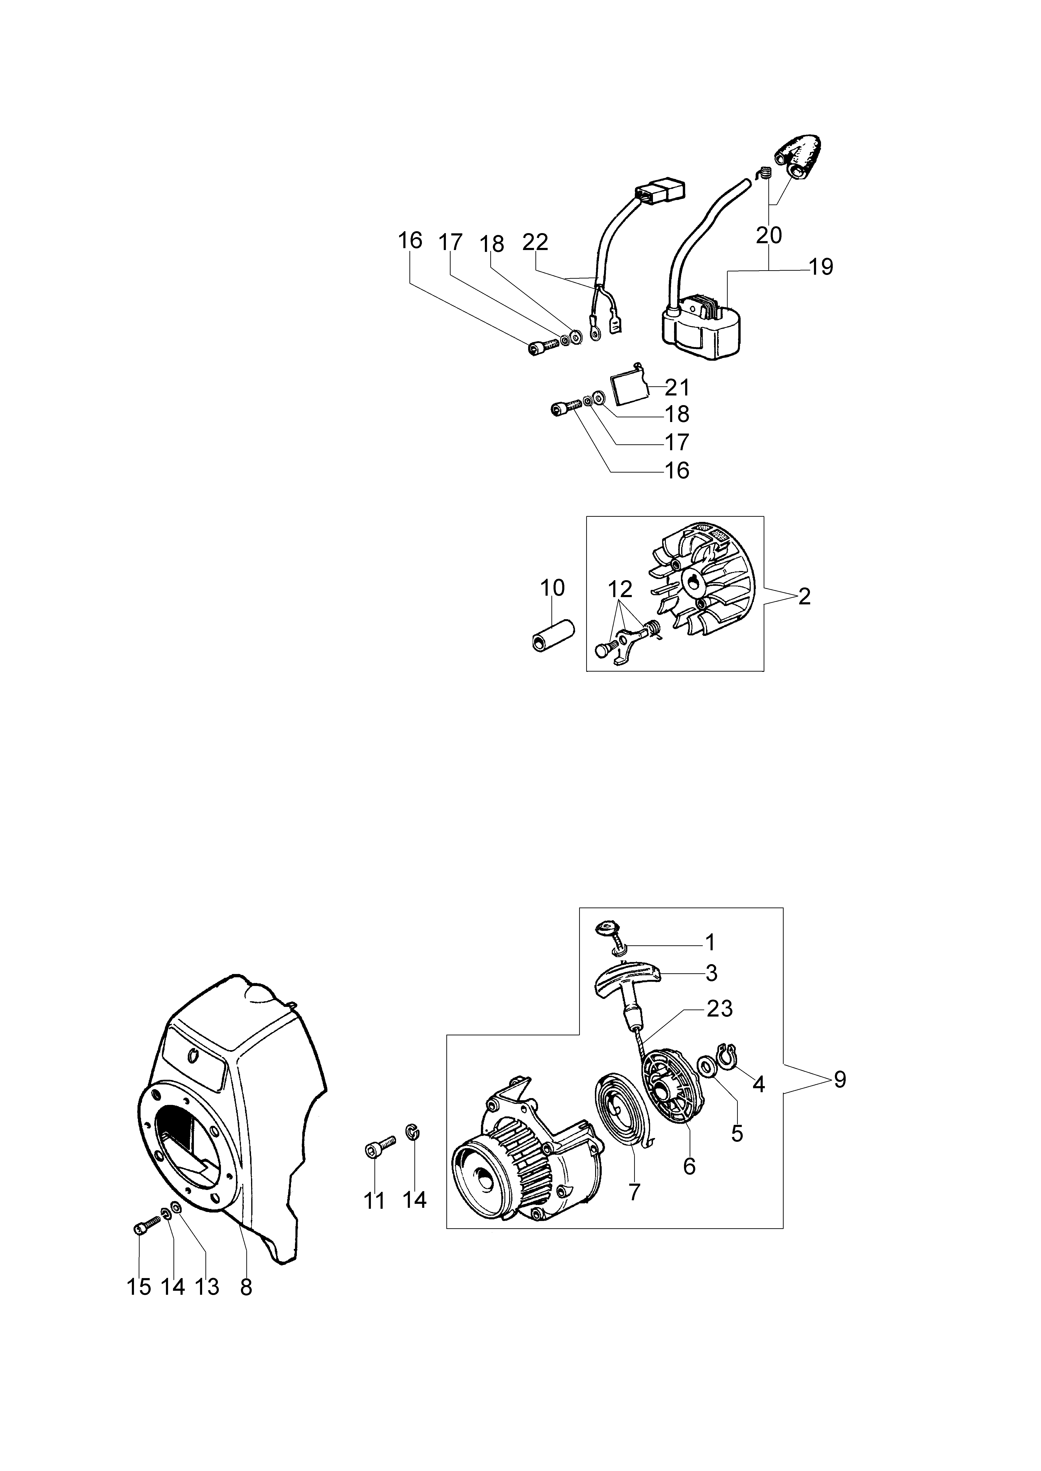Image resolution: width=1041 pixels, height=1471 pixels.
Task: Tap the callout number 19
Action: (821, 266)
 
